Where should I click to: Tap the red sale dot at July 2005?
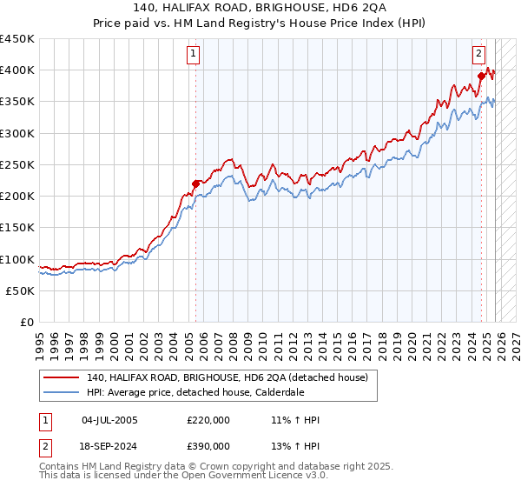click(195, 183)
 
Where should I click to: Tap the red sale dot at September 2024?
click(481, 77)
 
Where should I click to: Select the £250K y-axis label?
click(19, 164)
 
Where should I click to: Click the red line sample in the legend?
click(62, 377)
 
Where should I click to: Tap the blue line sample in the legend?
click(62, 392)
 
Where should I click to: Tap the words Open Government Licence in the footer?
click(229, 477)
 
